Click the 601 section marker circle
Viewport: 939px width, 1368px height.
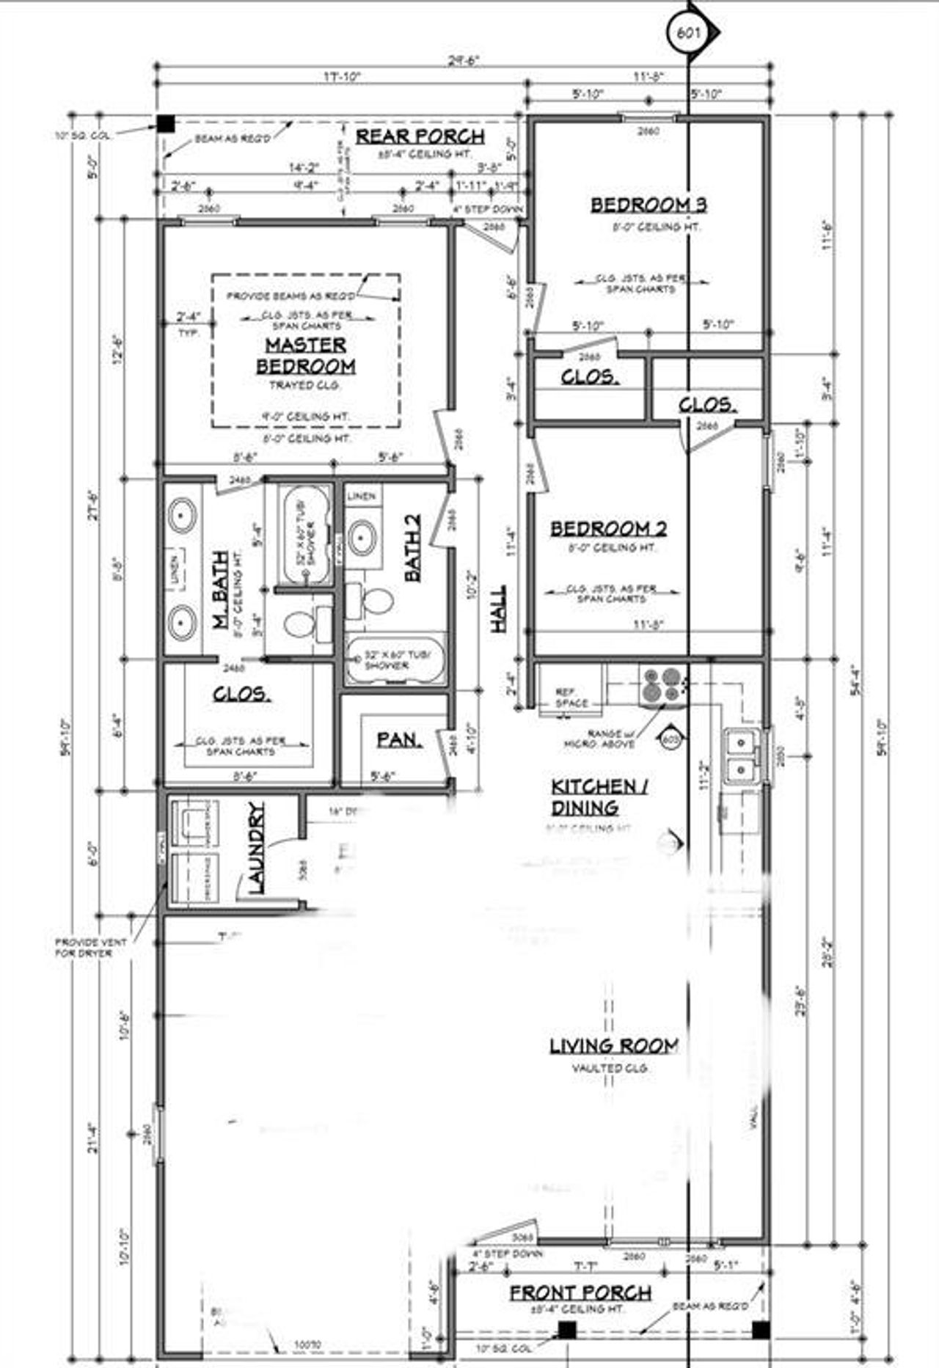pyautogui.click(x=688, y=32)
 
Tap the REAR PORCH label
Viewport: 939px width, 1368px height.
pyautogui.click(x=420, y=136)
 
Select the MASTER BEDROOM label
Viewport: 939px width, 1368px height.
pyautogui.click(x=305, y=355)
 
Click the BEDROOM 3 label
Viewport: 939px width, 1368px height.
pyautogui.click(x=649, y=205)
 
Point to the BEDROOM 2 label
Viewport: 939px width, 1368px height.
pyautogui.click(x=608, y=528)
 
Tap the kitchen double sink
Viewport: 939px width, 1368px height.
pyautogui.click(x=743, y=756)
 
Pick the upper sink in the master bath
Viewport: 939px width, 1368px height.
pyautogui.click(x=181, y=516)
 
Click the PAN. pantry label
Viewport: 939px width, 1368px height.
pyautogui.click(x=399, y=740)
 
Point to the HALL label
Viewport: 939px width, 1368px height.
pyautogui.click(x=499, y=608)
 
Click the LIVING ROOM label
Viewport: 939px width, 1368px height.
pyautogui.click(x=614, y=1046)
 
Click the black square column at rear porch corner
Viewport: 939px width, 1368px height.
pyautogui.click(x=167, y=124)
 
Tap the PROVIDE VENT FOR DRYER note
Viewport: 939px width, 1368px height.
pyautogui.click(x=90, y=947)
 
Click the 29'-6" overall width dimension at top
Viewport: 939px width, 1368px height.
pyautogui.click(x=463, y=62)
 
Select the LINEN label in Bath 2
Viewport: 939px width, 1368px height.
pyautogui.click(x=361, y=497)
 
